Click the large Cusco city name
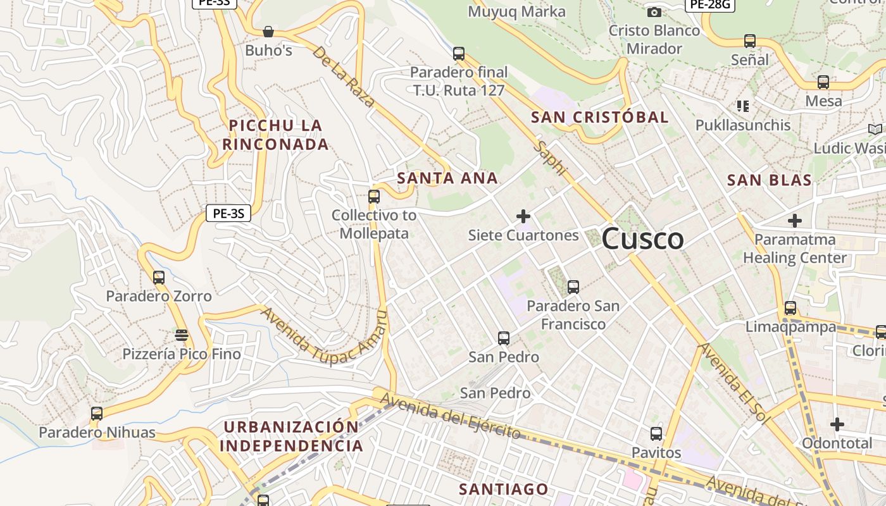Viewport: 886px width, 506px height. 642,239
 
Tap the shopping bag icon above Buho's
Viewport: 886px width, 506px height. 268,32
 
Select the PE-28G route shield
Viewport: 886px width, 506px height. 709,5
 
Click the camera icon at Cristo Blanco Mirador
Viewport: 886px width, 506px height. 654,12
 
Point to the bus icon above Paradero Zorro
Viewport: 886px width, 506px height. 159,277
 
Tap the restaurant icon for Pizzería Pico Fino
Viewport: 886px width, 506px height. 182,335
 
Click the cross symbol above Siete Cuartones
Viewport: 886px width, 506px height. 523,216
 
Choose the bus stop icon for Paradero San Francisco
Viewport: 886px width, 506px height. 573,287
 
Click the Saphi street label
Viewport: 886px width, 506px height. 551,159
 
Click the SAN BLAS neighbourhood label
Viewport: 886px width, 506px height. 769,180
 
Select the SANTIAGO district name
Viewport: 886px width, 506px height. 503,489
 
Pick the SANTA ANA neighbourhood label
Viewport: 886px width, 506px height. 447,178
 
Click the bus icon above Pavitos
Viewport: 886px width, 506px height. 656,434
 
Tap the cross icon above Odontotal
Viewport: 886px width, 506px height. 837,424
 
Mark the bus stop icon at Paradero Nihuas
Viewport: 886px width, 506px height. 97,414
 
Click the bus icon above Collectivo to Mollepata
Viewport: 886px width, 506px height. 374,196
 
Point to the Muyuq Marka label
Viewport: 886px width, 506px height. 516,11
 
